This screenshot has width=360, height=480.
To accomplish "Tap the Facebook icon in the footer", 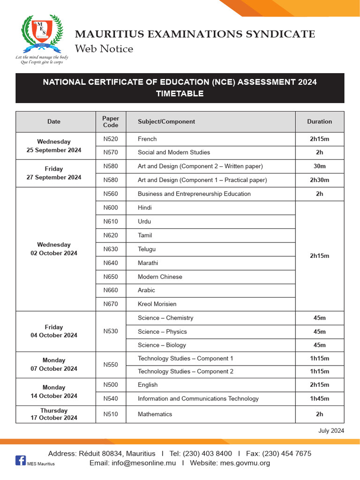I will pos(21,460).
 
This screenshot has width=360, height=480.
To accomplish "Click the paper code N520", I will pos(111,139).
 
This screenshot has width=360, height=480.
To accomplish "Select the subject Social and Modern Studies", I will pos(173,152).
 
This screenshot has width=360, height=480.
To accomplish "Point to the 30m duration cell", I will pos(319,166).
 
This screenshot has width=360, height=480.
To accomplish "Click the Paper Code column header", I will pos(111,122).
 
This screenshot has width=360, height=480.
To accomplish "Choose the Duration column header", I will pos(319,122).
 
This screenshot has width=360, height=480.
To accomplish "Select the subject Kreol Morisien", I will pos(157,304).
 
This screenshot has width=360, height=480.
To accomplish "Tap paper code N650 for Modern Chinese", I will pos(111,277).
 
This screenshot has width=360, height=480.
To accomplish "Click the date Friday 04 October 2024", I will pos(54,331).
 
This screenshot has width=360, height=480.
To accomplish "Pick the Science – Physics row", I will pos(162,332).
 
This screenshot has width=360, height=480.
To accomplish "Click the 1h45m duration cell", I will pos(319,399).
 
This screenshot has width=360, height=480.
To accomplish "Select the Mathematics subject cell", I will pos(155,414).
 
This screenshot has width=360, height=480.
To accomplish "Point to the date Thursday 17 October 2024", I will pos(54,414).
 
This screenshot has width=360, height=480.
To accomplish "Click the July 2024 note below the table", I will pos(331,431).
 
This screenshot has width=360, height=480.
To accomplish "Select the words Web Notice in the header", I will pos(104,49).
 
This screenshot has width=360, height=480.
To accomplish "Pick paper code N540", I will pos(111,399).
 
